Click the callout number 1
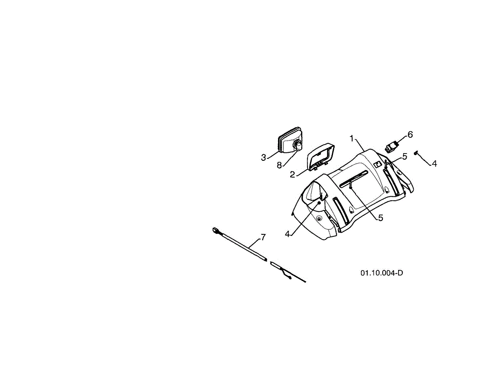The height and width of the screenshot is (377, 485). point(352,139)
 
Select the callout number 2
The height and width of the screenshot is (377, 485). point(292,175)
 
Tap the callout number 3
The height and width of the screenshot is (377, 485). point(263,158)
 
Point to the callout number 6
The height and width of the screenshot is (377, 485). point(410,135)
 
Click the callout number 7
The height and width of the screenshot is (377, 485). point(263,237)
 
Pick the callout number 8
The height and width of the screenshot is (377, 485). point(279,165)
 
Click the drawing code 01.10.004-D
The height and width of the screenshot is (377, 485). point(382,273)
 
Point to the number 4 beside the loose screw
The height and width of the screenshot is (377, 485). point(434,164)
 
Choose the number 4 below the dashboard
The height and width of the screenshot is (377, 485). point(287,234)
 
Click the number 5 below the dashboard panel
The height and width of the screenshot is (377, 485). point(380,218)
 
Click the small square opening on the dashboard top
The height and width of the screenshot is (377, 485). point(377,164)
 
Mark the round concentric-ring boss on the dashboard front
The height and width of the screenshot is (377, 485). point(319,218)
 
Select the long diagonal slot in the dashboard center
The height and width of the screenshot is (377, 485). point(354,179)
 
